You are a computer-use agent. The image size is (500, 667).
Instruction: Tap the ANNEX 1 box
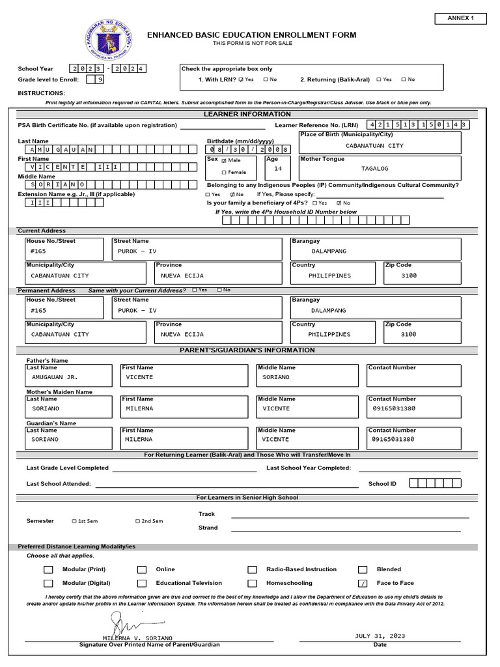coord(460,18)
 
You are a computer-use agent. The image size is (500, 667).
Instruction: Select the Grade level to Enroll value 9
coord(99,79)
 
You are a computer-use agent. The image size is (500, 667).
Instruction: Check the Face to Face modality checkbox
coord(363,584)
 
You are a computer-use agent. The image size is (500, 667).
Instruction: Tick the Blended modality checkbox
coord(363,569)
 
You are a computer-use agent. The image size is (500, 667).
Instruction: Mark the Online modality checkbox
coord(142,569)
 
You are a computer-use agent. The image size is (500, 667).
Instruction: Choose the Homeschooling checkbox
coord(253,584)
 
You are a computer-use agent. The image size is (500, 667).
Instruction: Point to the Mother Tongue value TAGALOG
coord(374,168)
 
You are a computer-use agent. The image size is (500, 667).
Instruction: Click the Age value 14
coord(278,169)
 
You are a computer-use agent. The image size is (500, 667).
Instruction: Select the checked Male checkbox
coord(224,160)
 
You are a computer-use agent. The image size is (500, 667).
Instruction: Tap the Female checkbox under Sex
coord(224,173)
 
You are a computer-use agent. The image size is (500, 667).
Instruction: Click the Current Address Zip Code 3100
coord(408,276)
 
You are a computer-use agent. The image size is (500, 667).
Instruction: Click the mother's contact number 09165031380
coord(393,408)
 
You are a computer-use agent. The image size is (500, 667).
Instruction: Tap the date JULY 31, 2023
coord(380,636)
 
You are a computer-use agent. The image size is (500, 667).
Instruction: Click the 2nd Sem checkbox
coord(137,521)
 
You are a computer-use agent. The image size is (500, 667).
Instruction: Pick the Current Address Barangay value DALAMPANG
coord(329,251)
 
